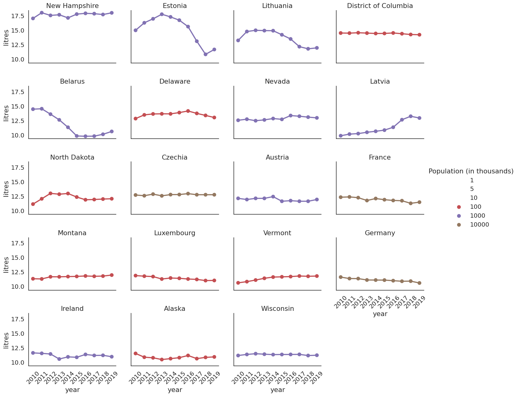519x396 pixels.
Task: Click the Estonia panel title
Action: pos(175,6)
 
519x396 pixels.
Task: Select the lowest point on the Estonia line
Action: pos(206,54)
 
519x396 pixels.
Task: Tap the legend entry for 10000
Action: pos(479,225)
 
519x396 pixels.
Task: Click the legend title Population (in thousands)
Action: pos(471,171)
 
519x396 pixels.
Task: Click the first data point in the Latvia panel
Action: pos(341,136)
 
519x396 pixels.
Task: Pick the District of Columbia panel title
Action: pos(380,6)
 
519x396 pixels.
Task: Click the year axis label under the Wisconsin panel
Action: pos(277,390)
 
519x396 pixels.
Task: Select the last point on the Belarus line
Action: pos(112,131)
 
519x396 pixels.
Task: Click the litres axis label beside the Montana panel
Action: pos(6,264)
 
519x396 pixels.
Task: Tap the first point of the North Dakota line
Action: pos(33,204)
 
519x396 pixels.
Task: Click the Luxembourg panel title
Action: pos(175,233)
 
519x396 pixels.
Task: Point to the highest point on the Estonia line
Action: pos(162,14)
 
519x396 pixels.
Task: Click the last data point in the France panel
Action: pos(419,202)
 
